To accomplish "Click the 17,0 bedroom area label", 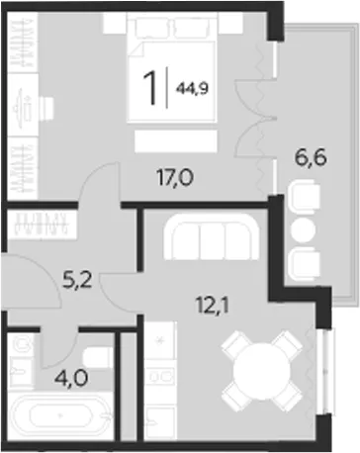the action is click(175, 179).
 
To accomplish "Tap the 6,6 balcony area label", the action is click(311, 157).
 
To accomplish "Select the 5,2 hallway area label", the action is click(78, 280).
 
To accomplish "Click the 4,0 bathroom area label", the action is click(71, 379).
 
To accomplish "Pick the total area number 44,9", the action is click(193, 88).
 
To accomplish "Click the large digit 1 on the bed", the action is click(149, 88).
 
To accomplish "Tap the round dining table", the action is click(262, 371).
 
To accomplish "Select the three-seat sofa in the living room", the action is click(212, 236).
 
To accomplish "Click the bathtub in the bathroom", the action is click(60, 414).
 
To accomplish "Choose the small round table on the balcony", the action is click(304, 229).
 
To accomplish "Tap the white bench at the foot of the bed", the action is click(176, 141).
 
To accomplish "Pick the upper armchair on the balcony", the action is click(304, 199).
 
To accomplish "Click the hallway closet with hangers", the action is click(43, 224).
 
